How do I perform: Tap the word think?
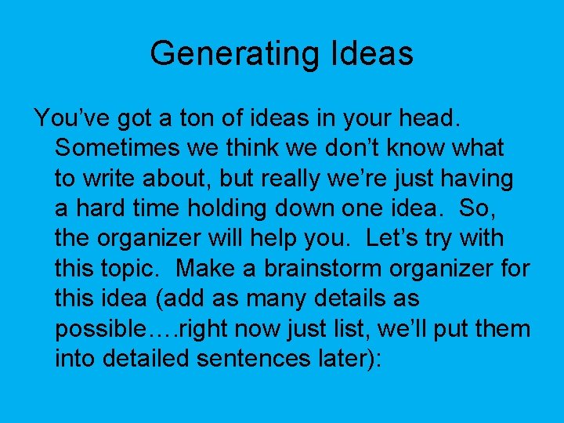pos(222,147)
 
